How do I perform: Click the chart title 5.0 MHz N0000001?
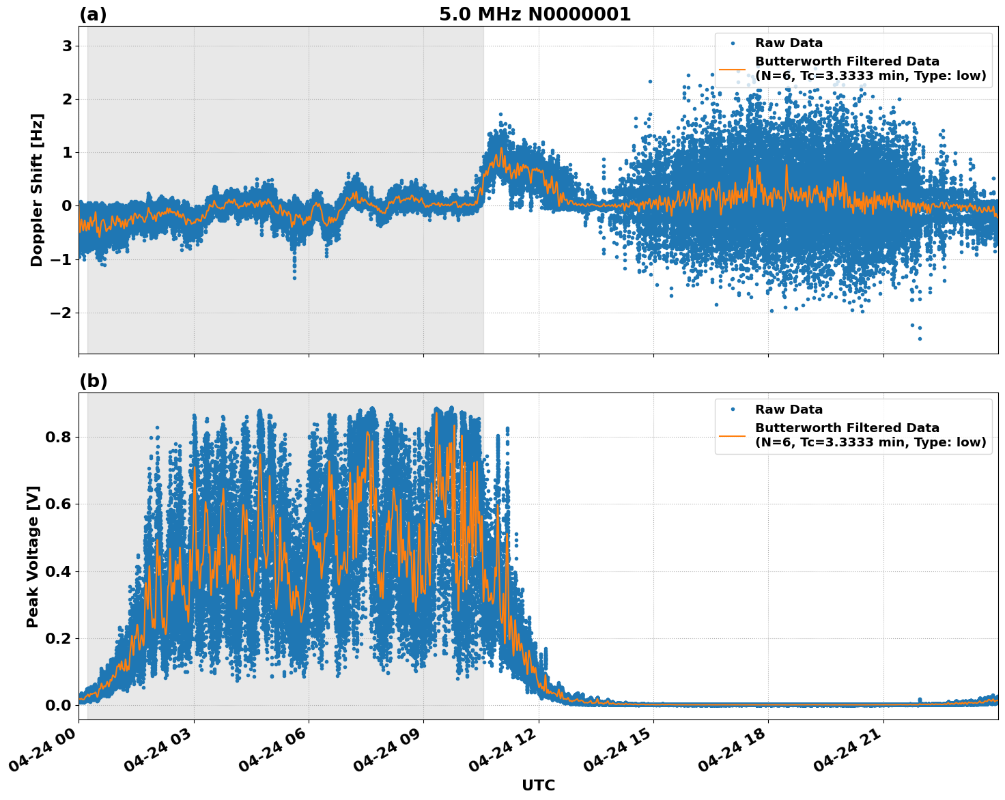[x=535, y=14]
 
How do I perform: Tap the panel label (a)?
[x=93, y=14]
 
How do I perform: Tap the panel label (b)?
[x=93, y=381]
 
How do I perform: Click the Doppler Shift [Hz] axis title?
[x=37, y=190]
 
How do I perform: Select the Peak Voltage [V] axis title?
[x=33, y=556]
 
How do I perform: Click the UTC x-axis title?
[x=538, y=785]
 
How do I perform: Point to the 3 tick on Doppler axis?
[x=67, y=46]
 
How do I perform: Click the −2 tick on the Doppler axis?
[x=61, y=313]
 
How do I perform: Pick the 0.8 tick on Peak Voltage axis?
[x=58, y=437]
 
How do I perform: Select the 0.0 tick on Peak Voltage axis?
[x=58, y=705]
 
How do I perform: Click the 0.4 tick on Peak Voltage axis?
[x=58, y=571]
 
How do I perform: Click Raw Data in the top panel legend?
[x=789, y=43]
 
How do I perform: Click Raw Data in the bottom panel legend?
[x=789, y=410]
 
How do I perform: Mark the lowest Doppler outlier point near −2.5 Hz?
[x=920, y=339]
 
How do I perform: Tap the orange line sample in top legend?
[x=733, y=68]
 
